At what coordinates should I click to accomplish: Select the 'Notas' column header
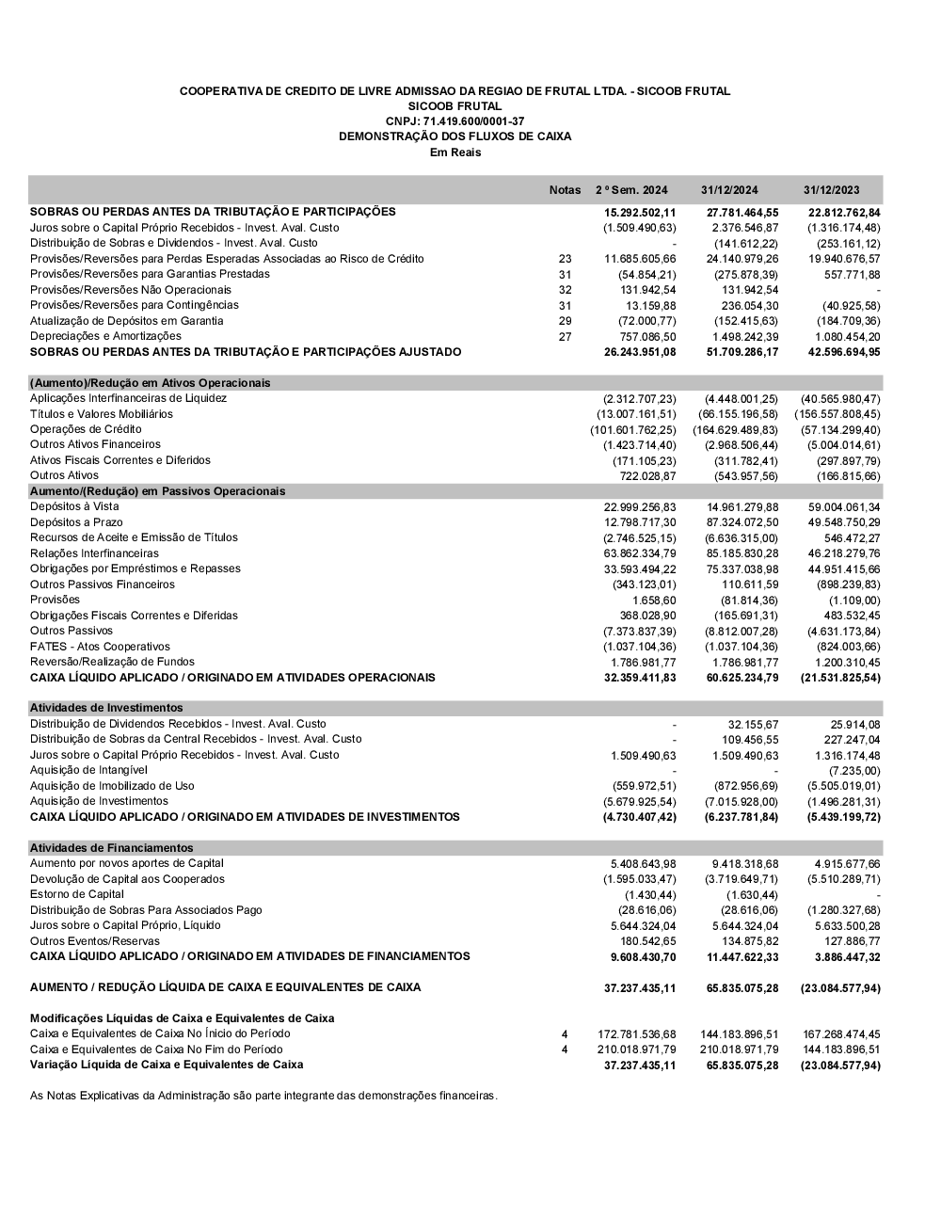point(565,190)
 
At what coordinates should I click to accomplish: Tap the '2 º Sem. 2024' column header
point(630,190)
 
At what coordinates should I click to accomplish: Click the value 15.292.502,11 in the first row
point(640,213)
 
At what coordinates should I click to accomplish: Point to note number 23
point(565,259)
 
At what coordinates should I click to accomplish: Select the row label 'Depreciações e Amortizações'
point(105,336)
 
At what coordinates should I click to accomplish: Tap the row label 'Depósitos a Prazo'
point(76,522)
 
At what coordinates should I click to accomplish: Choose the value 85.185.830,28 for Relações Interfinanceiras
point(742,553)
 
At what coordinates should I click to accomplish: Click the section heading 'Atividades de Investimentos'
point(106,708)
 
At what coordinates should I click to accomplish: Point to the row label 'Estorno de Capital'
point(77,894)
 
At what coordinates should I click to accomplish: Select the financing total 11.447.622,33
point(742,957)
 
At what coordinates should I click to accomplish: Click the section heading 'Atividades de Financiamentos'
point(111,848)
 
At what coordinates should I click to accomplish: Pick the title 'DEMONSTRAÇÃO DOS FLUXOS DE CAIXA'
point(455,136)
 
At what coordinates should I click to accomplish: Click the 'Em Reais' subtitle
point(455,152)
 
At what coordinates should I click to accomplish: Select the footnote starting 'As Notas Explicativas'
point(263,1096)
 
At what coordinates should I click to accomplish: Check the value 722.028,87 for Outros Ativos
point(644,476)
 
